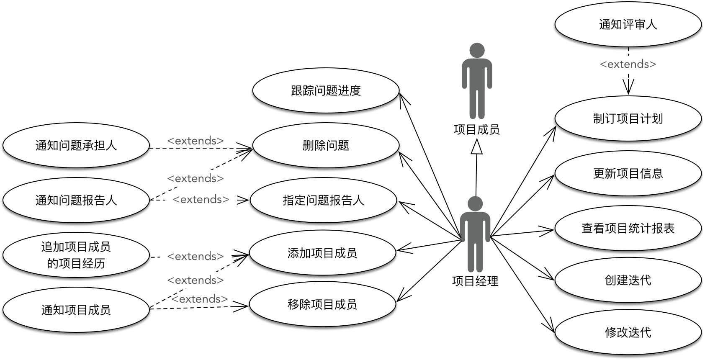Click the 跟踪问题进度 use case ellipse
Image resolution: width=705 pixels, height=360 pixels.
[326, 90]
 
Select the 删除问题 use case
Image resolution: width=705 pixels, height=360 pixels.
[326, 145]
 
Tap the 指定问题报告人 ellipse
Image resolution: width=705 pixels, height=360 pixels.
[323, 200]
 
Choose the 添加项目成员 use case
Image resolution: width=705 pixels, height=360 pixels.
[322, 253]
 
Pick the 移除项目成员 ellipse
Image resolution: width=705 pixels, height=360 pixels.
[322, 304]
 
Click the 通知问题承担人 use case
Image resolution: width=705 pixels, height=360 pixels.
[76, 145]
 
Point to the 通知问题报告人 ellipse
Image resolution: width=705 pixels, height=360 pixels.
[76, 200]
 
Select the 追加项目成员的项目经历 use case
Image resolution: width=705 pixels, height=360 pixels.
[76, 255]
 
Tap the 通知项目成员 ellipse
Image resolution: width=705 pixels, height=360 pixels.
[76, 310]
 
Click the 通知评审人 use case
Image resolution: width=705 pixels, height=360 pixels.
[628, 24]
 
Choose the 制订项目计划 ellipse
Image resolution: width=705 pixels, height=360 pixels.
[628, 118]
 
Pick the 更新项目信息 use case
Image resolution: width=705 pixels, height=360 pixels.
[628, 173]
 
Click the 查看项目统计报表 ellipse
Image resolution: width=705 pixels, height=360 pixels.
[628, 228]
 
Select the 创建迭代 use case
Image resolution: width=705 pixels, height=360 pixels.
[628, 280]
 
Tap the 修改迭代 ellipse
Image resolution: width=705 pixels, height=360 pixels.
[628, 332]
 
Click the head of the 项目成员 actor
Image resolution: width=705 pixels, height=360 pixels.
[477, 50]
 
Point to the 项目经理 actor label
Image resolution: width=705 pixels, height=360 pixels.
[475, 281]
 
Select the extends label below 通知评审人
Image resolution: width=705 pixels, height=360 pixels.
[628, 64]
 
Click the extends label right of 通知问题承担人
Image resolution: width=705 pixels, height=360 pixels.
[196, 141]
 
